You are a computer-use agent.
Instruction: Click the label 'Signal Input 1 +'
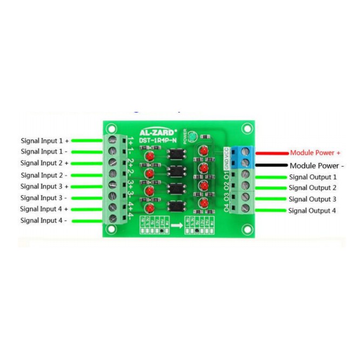[x=44, y=139]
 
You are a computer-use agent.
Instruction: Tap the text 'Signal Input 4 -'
[x=44, y=220]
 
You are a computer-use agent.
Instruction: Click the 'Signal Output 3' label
[x=312, y=199]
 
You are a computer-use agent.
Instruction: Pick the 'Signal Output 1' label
[x=312, y=177]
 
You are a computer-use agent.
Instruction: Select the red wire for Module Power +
[x=270, y=153]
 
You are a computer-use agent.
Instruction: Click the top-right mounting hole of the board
[x=246, y=129]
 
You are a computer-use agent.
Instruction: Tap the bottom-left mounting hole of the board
[x=111, y=230]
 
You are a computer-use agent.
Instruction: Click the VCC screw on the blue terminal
[x=244, y=151]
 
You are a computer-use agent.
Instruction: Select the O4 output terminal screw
[x=244, y=208]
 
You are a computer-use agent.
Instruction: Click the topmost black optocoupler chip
[x=176, y=154]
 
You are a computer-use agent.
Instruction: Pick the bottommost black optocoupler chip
[x=176, y=206]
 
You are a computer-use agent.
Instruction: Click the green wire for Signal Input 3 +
[x=87, y=186]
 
